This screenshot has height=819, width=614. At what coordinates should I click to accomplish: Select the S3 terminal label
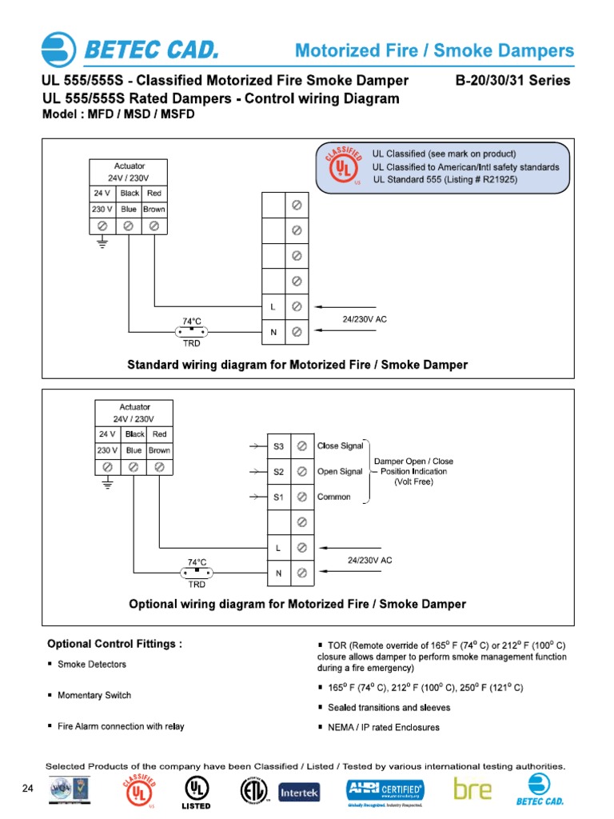tap(278, 445)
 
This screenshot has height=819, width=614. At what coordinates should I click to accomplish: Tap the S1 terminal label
tap(278, 497)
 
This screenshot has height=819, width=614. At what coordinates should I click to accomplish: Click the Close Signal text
tap(340, 445)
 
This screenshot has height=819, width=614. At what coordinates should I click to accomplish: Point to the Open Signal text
tap(340, 471)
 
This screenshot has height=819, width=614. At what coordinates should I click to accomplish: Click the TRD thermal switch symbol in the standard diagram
tap(191, 331)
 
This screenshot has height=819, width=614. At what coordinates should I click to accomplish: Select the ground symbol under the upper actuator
tap(102, 244)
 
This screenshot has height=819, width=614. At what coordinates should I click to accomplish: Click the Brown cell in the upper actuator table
tap(154, 210)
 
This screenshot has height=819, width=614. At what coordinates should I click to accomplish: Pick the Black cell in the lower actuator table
tap(134, 434)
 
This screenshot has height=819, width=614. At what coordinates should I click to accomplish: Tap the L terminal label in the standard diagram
tap(273, 306)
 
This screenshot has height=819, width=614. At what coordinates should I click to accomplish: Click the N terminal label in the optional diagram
tap(278, 573)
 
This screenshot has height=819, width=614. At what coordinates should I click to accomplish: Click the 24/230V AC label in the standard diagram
tap(365, 319)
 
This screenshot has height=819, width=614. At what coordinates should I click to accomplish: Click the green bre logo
tap(472, 789)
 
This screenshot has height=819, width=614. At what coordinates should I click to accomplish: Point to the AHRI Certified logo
tap(385, 791)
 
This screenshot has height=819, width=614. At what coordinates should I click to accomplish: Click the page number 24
tap(28, 789)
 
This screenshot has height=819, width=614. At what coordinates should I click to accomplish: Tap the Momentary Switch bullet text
tap(94, 696)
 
